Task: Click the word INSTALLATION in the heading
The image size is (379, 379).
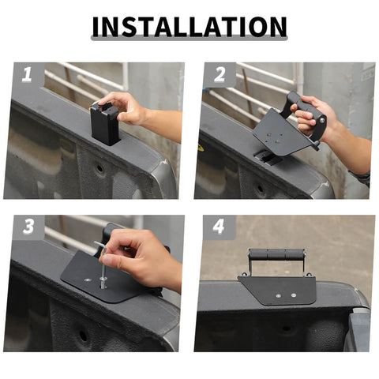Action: (189, 27)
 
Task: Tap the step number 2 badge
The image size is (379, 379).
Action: (220, 74)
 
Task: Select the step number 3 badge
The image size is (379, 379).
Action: (28, 227)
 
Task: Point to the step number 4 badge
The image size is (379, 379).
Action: (220, 227)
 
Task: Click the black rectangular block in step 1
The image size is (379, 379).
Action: (105, 124)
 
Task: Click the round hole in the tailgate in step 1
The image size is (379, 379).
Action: (99, 167)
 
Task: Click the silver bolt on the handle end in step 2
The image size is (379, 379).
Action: (322, 120)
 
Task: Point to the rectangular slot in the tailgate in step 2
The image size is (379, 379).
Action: (266, 157)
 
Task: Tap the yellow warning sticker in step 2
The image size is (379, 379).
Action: (201, 148)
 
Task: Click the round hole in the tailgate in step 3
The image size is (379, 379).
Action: (83, 336)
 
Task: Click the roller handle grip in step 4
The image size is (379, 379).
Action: (276, 254)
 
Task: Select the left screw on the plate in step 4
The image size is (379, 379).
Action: (279, 296)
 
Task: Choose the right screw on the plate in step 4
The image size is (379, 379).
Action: (294, 295)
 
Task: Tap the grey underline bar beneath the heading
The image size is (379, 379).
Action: (189, 38)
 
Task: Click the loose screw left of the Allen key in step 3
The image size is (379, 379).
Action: (88, 280)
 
